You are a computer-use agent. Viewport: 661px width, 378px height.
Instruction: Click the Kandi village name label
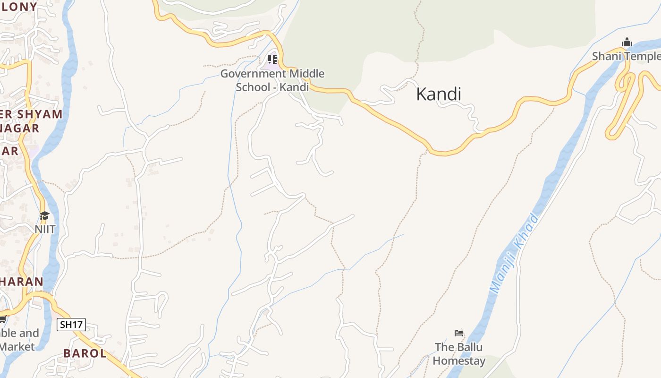point(438,94)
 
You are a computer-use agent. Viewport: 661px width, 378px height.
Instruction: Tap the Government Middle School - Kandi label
point(272,80)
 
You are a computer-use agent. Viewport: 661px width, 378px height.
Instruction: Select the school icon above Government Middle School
point(272,60)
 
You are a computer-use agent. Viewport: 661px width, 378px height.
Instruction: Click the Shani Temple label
point(626,56)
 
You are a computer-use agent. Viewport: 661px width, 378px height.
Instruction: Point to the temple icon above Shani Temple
point(627,43)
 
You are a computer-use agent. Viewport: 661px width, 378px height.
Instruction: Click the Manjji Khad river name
point(515,253)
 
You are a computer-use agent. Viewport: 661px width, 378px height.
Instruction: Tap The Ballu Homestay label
point(459,354)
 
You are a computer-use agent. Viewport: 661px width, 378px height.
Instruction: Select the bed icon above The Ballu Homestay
point(459,333)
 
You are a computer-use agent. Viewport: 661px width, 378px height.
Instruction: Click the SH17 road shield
point(71,325)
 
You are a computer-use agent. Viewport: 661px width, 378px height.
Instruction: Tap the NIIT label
point(45,229)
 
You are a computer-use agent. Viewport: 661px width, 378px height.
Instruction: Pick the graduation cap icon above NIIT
point(44,216)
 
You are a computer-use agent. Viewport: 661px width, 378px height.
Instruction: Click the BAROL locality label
point(85,353)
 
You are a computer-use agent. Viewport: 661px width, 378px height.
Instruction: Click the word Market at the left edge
point(17,346)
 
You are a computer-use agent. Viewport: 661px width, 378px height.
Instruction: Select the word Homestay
point(459,361)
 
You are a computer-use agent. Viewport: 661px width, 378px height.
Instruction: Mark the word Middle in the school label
point(307,74)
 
